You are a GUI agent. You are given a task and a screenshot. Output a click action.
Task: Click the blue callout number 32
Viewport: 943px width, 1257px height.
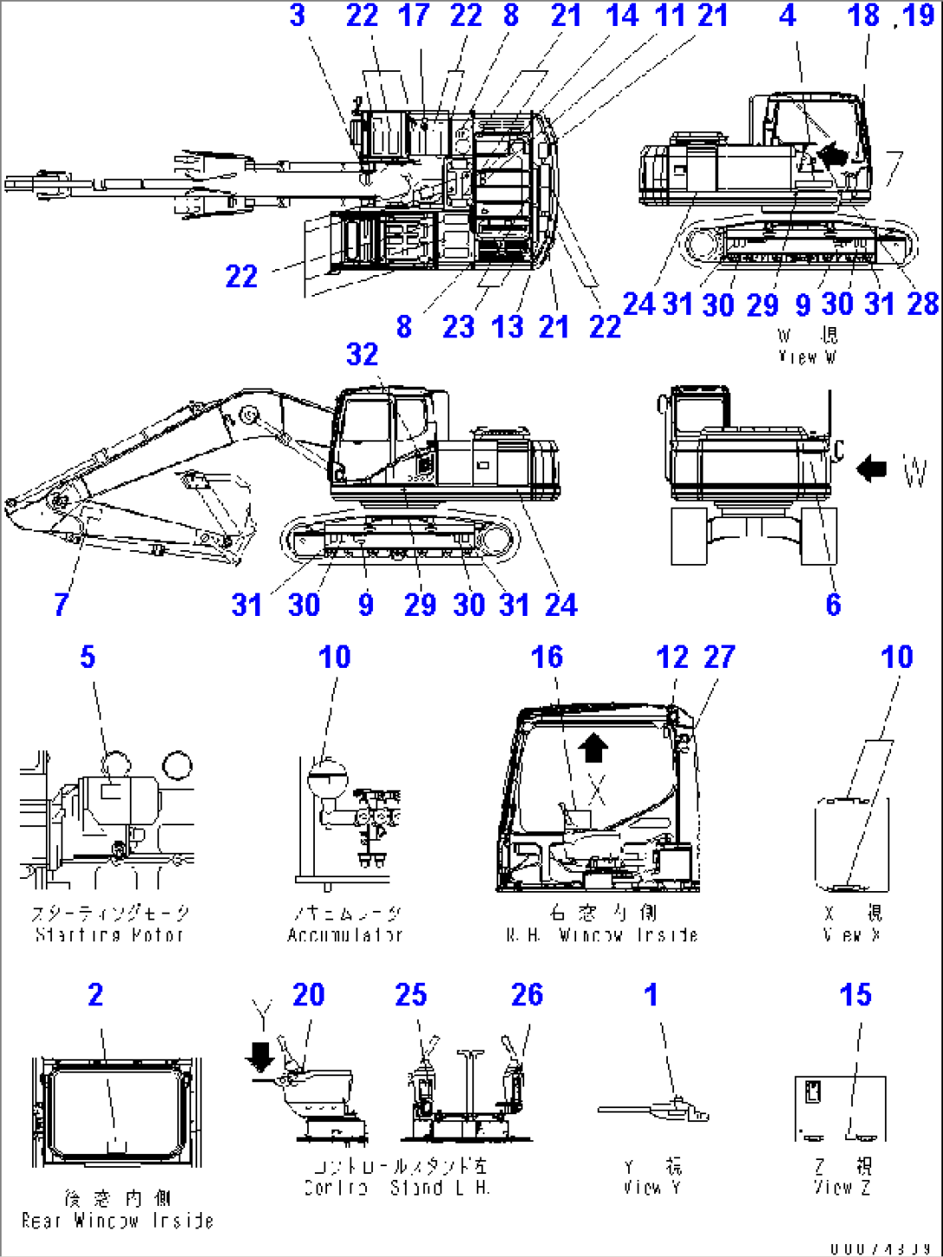point(362,354)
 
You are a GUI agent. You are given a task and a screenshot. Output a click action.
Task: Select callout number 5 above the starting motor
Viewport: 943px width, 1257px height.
point(87,657)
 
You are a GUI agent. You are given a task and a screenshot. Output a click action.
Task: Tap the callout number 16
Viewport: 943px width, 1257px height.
point(547,657)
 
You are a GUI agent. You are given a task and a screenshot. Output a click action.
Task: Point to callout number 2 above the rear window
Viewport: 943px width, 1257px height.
point(95,995)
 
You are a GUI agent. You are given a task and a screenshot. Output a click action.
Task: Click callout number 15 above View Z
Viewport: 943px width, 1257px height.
point(855,995)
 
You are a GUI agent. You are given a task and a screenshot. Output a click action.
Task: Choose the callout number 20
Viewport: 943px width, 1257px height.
point(308,995)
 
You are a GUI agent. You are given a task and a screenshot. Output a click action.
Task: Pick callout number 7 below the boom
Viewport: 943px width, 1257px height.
point(61,604)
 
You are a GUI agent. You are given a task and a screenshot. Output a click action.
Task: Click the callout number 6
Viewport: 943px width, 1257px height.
point(832,604)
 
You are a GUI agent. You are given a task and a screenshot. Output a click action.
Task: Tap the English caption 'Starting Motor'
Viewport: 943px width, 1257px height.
point(109,935)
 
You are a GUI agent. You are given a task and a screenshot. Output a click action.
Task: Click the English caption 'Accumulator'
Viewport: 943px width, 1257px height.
point(345,935)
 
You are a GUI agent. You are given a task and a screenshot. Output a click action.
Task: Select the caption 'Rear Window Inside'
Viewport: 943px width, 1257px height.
point(117,1221)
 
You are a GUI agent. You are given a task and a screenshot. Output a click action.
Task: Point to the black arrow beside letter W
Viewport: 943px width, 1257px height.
point(872,468)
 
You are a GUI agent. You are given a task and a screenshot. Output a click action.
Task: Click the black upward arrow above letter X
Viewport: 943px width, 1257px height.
point(593,747)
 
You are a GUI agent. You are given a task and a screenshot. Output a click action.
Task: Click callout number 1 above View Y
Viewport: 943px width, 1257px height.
point(651,995)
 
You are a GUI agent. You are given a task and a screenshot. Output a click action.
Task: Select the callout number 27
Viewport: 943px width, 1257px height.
point(719,657)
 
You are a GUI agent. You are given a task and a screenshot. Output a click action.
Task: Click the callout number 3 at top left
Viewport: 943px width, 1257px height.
point(297,16)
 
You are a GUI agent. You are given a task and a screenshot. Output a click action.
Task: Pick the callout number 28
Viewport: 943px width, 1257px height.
point(923,304)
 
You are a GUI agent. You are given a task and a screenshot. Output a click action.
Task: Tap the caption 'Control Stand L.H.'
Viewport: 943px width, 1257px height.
point(396,1188)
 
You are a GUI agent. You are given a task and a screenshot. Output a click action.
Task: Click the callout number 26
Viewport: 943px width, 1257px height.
point(527,995)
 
